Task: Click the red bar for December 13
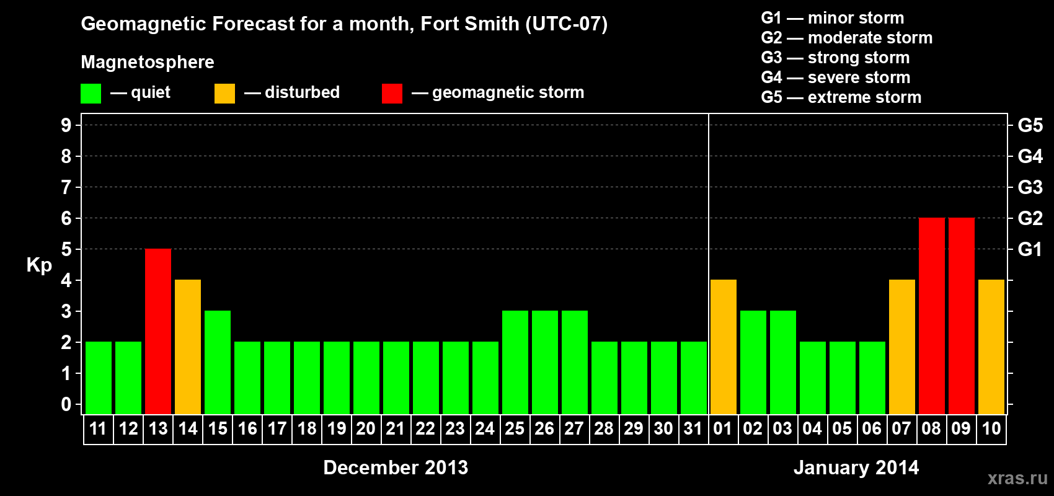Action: point(158,331)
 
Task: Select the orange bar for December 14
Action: point(188,347)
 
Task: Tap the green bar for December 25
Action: point(515,362)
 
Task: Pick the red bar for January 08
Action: point(932,316)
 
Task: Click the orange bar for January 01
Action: point(724,347)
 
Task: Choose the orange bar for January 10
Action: point(991,347)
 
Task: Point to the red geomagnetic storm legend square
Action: point(392,94)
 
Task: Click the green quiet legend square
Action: point(91,94)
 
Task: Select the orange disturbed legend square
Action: point(224,94)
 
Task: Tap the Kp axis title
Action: point(39,265)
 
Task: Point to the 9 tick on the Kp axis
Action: point(66,125)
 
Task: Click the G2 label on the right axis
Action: point(1030,218)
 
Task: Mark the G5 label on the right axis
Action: point(1030,125)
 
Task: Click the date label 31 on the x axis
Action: point(693,428)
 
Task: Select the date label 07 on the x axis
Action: point(901,428)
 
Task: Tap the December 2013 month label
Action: point(396,467)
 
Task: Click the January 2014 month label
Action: point(856,467)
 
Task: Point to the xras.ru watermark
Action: point(1017,478)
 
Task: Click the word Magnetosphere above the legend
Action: point(148,62)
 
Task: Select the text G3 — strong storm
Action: point(835,58)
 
